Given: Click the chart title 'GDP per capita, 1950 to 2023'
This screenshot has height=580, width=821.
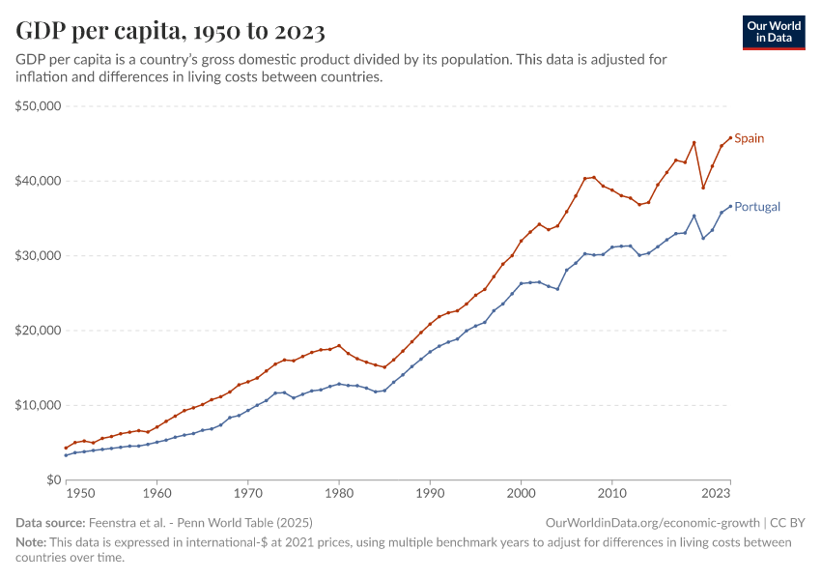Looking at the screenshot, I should coord(170,31).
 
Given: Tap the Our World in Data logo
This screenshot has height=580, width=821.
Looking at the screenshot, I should coord(773,31).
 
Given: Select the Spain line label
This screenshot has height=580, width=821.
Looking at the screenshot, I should coord(750,138).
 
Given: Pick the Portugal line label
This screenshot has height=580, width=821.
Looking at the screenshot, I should coord(757,207).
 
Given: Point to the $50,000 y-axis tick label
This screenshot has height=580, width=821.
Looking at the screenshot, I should coord(39,106).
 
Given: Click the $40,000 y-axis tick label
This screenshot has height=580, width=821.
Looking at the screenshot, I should coord(39,181).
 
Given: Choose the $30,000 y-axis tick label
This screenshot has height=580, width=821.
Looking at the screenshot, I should coord(39,256).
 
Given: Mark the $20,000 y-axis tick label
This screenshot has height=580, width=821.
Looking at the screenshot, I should coord(39,331).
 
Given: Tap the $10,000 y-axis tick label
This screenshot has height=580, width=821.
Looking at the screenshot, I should coord(39,405).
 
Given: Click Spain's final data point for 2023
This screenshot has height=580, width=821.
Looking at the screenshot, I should coord(730,137).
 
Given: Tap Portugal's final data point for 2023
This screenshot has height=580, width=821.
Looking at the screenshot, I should coord(730,205).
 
